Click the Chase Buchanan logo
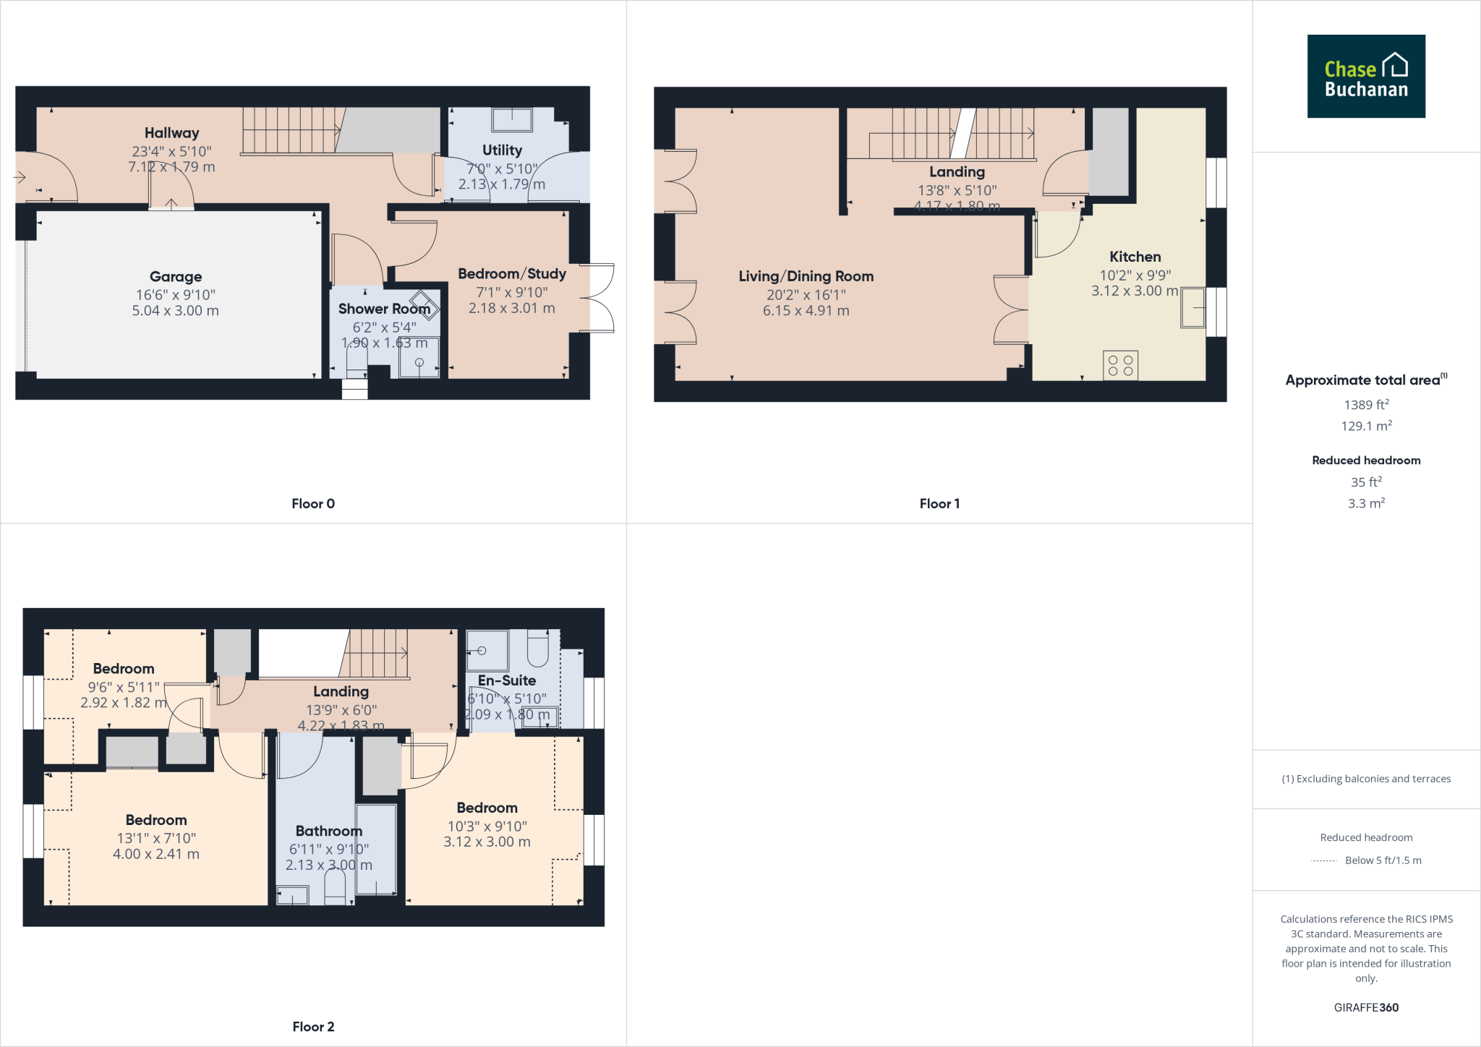(1365, 76)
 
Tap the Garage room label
(176, 277)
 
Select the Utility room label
(502, 150)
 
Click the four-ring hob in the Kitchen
(1120, 365)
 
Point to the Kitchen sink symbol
(1192, 308)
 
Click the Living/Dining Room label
(806, 276)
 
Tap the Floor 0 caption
(313, 504)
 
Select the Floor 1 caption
(939, 504)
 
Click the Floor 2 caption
(313, 1027)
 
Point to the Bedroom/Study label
(511, 274)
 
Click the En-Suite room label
(506, 680)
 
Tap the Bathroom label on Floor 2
(328, 832)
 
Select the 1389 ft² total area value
(1366, 405)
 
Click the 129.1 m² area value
(1366, 426)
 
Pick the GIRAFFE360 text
(1366, 1007)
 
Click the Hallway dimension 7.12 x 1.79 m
(171, 167)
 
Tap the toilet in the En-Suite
(538, 648)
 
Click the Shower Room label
(384, 309)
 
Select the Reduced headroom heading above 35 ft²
(1366, 461)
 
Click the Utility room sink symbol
(512, 119)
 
